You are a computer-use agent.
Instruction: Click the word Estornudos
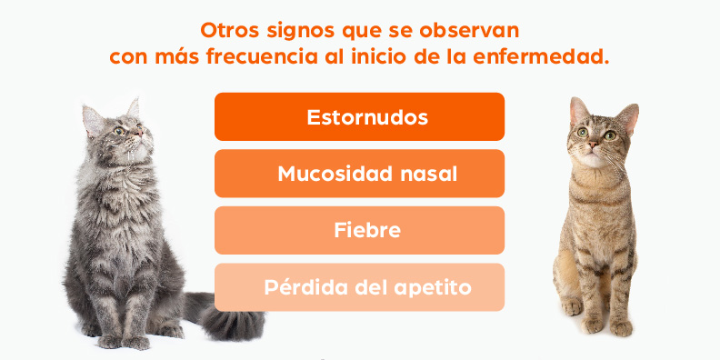pos(367,117)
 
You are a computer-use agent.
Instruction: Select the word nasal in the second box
pos(429,174)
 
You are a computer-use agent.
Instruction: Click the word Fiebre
pos(367,230)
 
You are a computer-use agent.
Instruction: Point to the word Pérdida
pos(305,287)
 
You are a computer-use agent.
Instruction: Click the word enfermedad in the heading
pos(541,57)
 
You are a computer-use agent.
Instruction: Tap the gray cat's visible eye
pos(119,131)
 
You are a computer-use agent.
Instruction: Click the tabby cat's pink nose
pos(594,145)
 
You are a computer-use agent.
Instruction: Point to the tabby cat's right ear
pos(628,118)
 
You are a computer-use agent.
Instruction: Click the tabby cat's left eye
pos(583,133)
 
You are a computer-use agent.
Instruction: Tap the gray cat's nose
pos(139,132)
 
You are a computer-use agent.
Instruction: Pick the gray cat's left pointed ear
pos(93,120)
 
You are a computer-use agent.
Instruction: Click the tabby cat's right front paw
pos(572,306)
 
